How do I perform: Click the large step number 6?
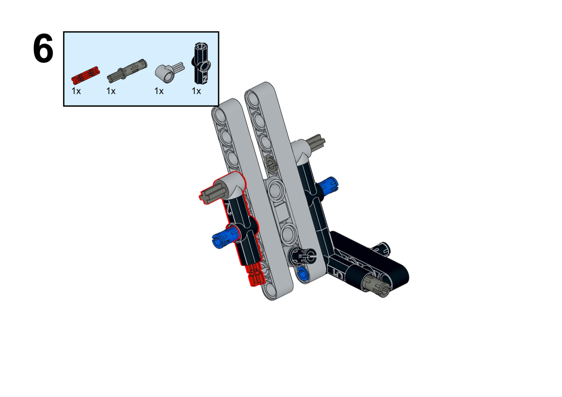click(43, 48)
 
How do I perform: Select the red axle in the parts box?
click(85, 75)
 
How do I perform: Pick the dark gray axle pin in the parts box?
click(127, 71)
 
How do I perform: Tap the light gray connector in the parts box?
click(170, 72)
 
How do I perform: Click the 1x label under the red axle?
click(76, 91)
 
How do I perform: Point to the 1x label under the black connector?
click(196, 91)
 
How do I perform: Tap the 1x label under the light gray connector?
click(159, 91)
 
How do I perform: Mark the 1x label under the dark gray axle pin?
click(111, 91)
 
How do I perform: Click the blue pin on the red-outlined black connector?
click(224, 236)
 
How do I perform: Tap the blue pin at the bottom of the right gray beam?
click(302, 273)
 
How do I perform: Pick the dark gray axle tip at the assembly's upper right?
click(317, 142)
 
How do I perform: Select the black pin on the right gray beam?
click(302, 256)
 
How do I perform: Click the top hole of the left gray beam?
click(220, 115)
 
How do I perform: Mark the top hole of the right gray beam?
click(253, 98)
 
